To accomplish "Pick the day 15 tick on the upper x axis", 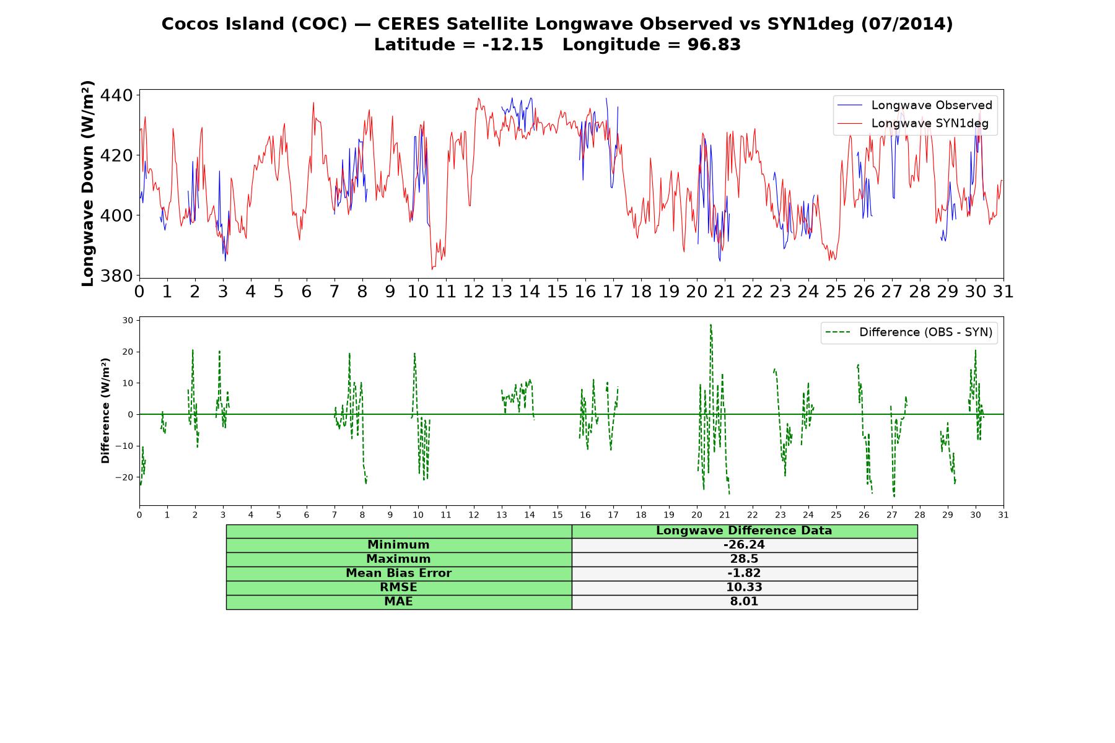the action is coord(557,291).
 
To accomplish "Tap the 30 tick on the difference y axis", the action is coord(128,320).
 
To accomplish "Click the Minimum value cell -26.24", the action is coord(744,545).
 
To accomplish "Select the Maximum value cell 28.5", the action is coord(744,559).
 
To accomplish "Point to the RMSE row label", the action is coord(398,587).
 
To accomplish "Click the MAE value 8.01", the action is coord(744,601).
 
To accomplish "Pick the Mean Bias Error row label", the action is coord(398,573).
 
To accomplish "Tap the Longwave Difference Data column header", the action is coord(744,531).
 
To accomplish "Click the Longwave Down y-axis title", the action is coord(87,183).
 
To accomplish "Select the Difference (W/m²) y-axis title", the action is coord(105,411).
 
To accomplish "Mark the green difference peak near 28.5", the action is coord(711,324).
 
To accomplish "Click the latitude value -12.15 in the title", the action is coord(513,45).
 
